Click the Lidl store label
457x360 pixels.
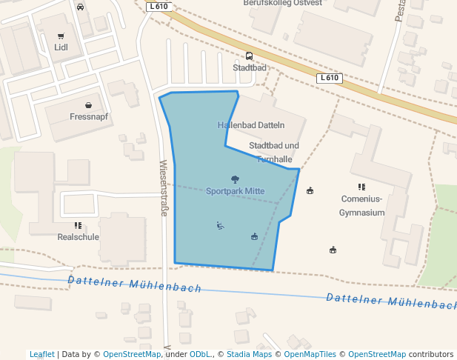[61, 48]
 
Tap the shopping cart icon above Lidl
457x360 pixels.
[61, 36]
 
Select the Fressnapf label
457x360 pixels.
[89, 117]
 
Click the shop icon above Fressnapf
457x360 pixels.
[89, 105]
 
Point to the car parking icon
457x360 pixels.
[80, 7]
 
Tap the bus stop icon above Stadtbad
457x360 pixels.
[249, 56]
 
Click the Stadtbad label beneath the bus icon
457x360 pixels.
[249, 67]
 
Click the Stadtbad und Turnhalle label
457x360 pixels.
[274, 152]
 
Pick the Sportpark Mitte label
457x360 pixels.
[235, 191]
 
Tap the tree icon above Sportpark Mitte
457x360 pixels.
[235, 179]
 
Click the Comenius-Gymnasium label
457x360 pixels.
[361, 205]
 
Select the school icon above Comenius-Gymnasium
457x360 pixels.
[361, 187]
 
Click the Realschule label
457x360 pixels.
[78, 237]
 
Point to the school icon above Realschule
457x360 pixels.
[78, 225]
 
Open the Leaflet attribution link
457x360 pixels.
[41, 354]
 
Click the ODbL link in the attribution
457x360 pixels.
[199, 354]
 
